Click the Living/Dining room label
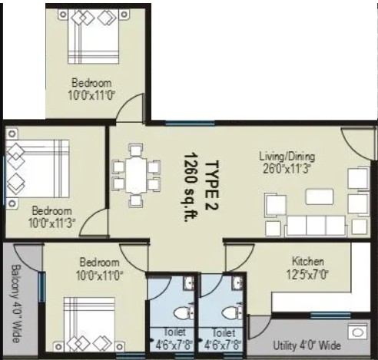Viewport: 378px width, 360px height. coord(287,157)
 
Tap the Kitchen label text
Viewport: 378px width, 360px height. coord(308,262)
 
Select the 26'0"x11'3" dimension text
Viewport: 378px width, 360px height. coord(287,169)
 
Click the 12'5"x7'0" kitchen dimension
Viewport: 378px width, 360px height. coord(307,275)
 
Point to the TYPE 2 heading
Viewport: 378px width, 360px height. coord(212,185)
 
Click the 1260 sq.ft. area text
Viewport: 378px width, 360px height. coord(191,187)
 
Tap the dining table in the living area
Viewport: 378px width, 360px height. coord(136,176)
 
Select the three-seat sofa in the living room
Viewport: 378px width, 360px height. coord(316,226)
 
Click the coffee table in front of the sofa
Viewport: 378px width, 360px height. coord(320,197)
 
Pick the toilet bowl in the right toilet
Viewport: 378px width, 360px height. coord(232,312)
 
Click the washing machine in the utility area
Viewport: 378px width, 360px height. coord(357,332)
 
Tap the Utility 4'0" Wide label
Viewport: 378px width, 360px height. coord(307,345)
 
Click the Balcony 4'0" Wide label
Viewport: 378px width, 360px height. coord(16,303)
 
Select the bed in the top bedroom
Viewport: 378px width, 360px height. coord(93,37)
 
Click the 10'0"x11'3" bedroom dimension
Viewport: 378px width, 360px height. coord(51,223)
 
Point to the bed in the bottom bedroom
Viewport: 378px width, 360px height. coord(89,325)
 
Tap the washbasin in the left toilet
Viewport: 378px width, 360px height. coord(189,283)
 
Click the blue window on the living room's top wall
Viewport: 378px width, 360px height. coord(190,124)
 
